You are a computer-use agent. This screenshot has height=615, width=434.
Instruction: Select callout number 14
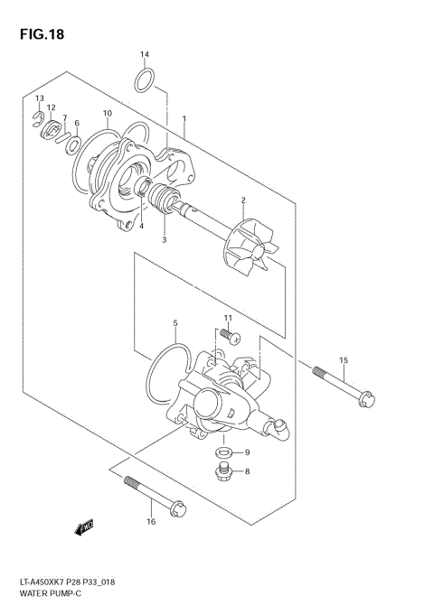pyautogui.click(x=145, y=55)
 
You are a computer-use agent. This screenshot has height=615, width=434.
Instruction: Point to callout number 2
pyautogui.click(x=243, y=200)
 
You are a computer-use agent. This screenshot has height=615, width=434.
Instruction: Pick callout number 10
pyautogui.click(x=107, y=114)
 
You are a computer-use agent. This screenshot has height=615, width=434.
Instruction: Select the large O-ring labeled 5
pyautogui.click(x=164, y=371)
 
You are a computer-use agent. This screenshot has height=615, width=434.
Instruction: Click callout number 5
pyautogui.click(x=175, y=322)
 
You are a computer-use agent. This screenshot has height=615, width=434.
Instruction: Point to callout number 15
pyautogui.click(x=344, y=361)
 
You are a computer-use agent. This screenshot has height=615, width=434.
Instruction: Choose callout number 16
pyautogui.click(x=151, y=522)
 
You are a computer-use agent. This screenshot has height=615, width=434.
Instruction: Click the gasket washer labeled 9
pyautogui.click(x=222, y=452)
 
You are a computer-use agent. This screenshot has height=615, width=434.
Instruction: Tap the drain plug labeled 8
pyautogui.click(x=222, y=471)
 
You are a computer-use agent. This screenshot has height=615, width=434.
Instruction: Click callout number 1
pyautogui.click(x=184, y=118)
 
